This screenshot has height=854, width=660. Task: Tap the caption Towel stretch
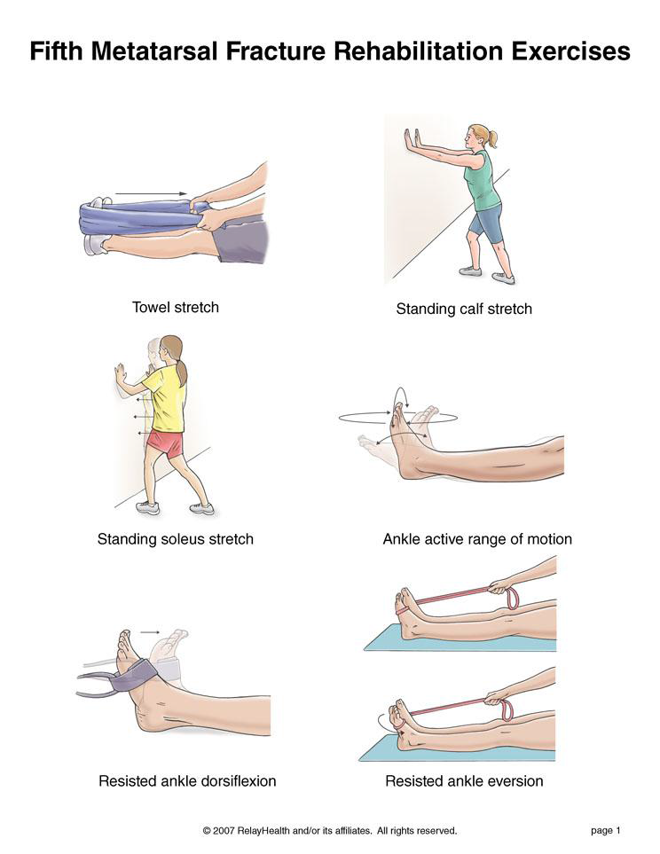pos(176,307)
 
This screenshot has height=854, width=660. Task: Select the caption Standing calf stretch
pos(464,309)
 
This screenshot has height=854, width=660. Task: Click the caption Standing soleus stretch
pos(176,539)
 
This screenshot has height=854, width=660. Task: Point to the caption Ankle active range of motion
pos(477,539)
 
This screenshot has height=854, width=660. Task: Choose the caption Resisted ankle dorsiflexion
pos(187,781)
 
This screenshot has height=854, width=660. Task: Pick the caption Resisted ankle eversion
pos(464,781)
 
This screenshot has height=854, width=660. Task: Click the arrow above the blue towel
pos(151,193)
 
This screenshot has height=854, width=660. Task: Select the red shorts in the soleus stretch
pos(166,443)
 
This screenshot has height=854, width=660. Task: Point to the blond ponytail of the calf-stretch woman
pos(492,138)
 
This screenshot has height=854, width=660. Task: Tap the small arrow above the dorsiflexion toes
pos(150,632)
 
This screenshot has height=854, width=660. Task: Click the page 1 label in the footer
pos(606,831)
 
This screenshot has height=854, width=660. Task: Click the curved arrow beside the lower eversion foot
pos(382,724)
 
